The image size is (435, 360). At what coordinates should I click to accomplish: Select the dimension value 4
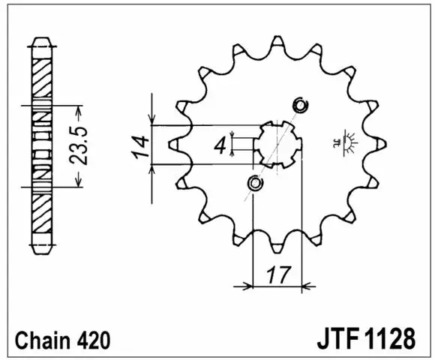pyautogui.click(x=220, y=146)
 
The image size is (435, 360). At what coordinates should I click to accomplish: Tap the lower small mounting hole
pyautogui.click(x=255, y=182)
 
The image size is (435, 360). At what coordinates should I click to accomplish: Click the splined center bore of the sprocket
pyautogui.click(x=278, y=143)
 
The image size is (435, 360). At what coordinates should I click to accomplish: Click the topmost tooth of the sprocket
pyautogui.click(x=278, y=40)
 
